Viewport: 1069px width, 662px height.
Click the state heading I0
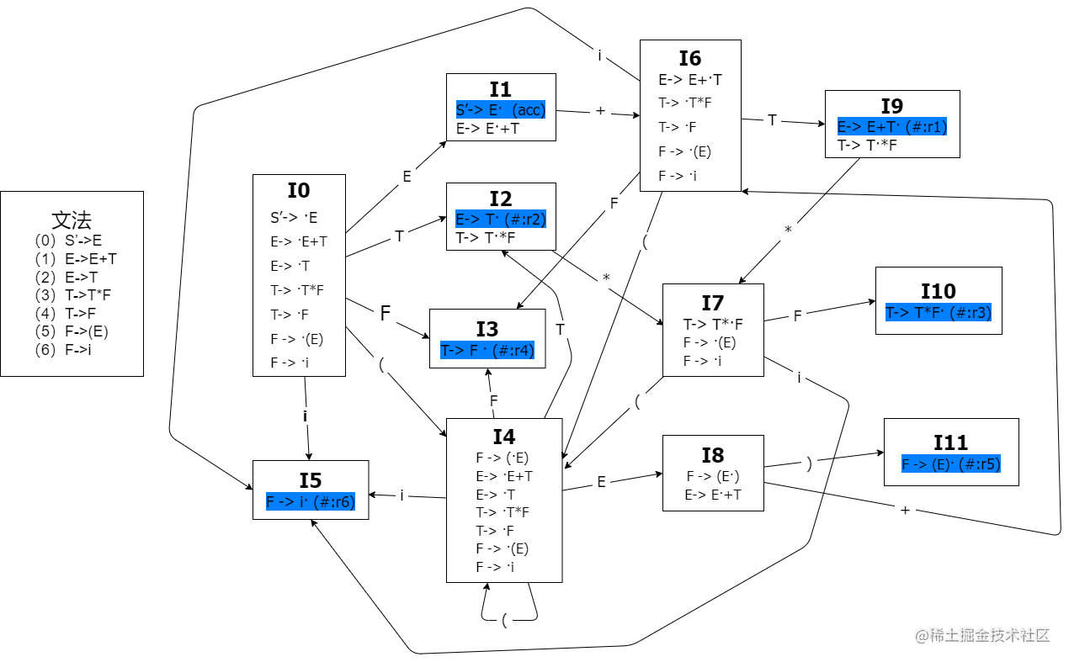pyautogui.click(x=299, y=190)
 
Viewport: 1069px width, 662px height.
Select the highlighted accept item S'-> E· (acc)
pyautogui.click(x=501, y=110)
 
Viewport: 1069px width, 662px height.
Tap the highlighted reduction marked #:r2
pyautogui.click(x=501, y=220)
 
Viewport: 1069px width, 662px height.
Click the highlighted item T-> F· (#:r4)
pyautogui.click(x=487, y=350)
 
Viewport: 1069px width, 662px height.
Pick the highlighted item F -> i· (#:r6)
pyautogui.click(x=311, y=502)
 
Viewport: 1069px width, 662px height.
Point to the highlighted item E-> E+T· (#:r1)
pyautogui.click(x=892, y=127)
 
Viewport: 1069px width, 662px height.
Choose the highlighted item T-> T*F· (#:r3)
pyautogui.click(x=939, y=313)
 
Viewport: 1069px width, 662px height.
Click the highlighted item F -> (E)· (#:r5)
pyautogui.click(x=951, y=464)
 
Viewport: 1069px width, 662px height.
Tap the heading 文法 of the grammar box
pyautogui.click(x=72, y=220)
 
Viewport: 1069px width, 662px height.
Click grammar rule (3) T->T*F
pyautogui.click(x=73, y=295)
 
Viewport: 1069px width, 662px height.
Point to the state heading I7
pyautogui.click(x=713, y=303)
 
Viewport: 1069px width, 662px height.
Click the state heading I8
pyautogui.click(x=713, y=455)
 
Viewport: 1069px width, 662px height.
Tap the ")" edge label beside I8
pyautogui.click(x=809, y=463)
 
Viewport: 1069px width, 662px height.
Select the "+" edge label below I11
pyautogui.click(x=905, y=510)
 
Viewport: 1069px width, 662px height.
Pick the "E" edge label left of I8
pyautogui.click(x=601, y=482)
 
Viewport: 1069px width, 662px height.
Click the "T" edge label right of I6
pyautogui.click(x=772, y=120)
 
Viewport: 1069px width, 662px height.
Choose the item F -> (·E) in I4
pyautogui.click(x=503, y=458)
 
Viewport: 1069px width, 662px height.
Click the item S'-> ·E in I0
pyautogui.click(x=294, y=218)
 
